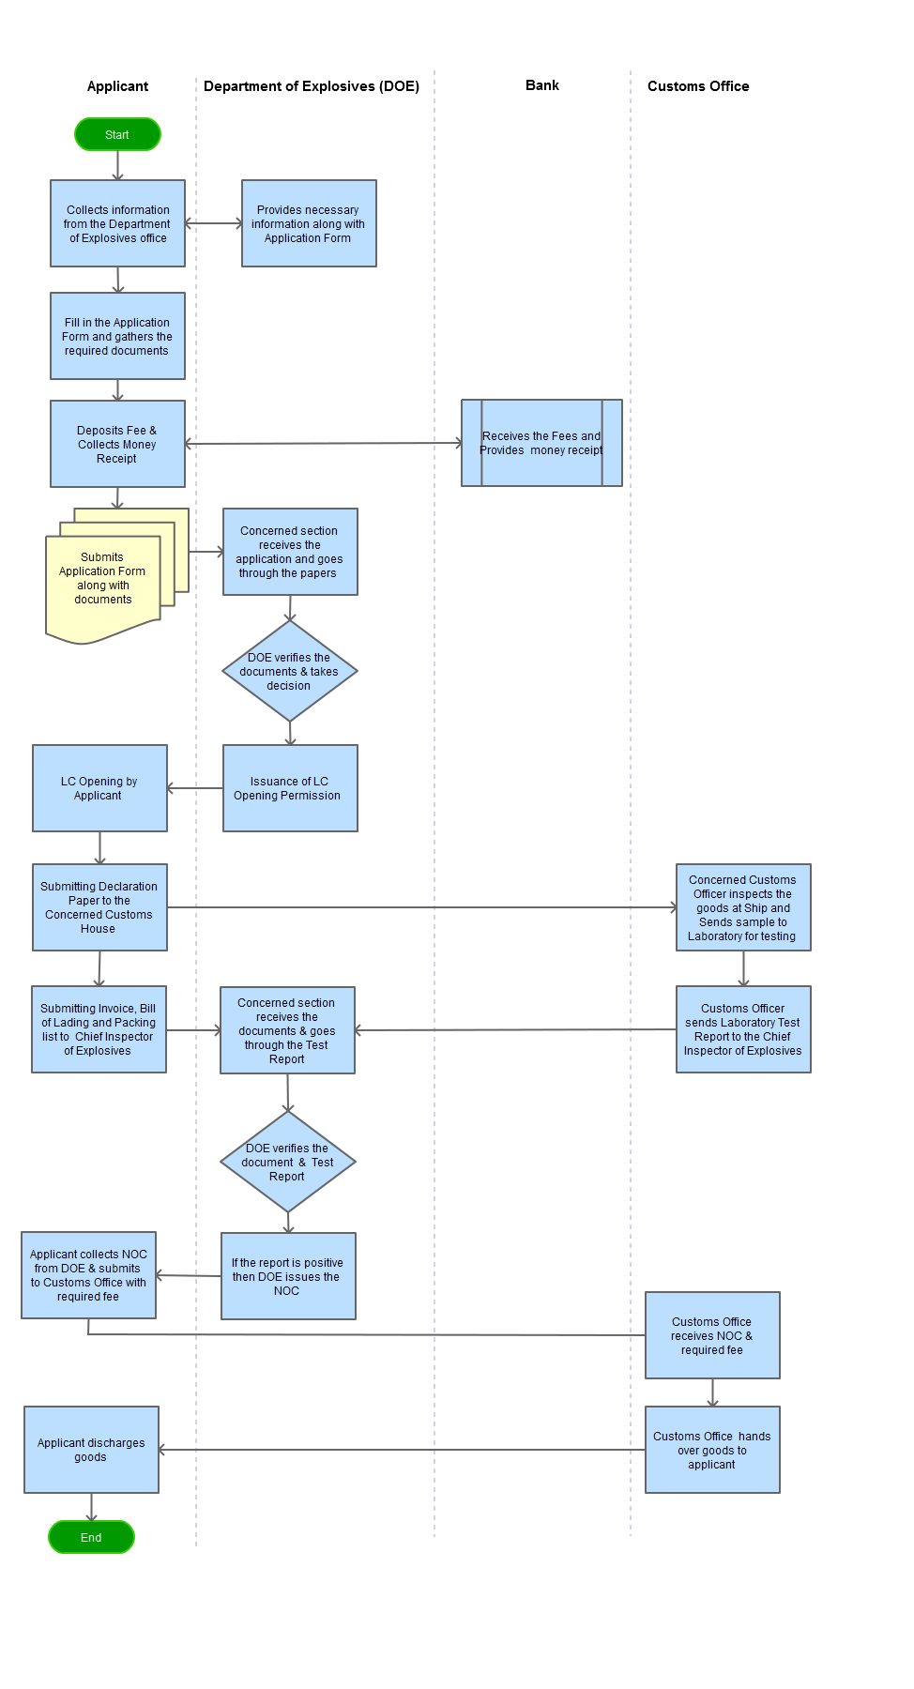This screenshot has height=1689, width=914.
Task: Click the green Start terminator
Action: click(117, 134)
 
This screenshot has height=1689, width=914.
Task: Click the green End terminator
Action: click(91, 1537)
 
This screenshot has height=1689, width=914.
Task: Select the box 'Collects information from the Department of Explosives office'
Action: click(117, 223)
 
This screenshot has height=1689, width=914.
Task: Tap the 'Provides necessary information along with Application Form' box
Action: click(309, 223)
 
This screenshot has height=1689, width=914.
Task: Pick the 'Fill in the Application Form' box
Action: click(117, 336)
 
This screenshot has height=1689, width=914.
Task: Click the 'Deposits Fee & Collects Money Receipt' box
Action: click(117, 444)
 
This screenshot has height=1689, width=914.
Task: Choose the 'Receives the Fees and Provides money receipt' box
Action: click(541, 443)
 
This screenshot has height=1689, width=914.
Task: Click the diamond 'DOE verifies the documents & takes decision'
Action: click(290, 671)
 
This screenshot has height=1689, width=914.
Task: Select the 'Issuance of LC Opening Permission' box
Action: click(290, 788)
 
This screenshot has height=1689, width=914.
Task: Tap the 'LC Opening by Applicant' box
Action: click(99, 788)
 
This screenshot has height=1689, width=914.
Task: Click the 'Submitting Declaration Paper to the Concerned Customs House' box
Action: click(99, 907)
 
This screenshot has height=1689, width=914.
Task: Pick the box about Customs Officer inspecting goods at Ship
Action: click(743, 907)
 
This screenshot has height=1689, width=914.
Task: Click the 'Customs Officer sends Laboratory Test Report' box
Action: click(743, 1029)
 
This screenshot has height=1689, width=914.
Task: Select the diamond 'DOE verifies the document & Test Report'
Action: click(288, 1162)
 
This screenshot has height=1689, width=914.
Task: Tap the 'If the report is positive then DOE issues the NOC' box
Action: click(288, 1276)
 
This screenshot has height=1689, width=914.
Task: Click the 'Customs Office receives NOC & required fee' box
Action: click(712, 1335)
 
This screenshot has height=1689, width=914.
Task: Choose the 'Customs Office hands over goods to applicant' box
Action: click(712, 1450)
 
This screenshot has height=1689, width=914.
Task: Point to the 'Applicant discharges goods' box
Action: click(91, 1450)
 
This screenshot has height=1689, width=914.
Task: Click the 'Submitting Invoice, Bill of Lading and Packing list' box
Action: click(99, 1029)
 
